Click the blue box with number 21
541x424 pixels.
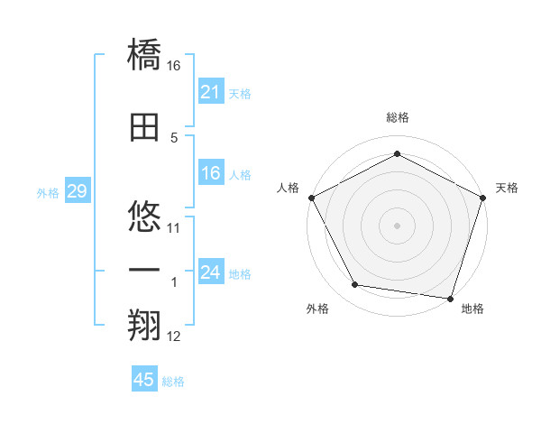(x=210, y=92)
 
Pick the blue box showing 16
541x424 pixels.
(x=210, y=173)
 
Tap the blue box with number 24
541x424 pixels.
(x=210, y=272)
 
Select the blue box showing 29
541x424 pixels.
(x=77, y=191)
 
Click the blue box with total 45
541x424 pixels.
(x=144, y=380)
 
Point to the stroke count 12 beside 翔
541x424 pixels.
(x=174, y=337)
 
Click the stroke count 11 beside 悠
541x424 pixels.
(x=174, y=227)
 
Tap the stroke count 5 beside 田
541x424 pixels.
(x=174, y=138)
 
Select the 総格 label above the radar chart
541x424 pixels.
(x=397, y=118)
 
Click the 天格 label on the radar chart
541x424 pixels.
(x=507, y=188)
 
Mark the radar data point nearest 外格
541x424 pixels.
(x=355, y=286)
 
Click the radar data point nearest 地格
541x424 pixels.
(x=450, y=298)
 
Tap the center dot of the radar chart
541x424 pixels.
(x=397, y=225)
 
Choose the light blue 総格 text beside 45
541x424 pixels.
(x=173, y=382)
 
